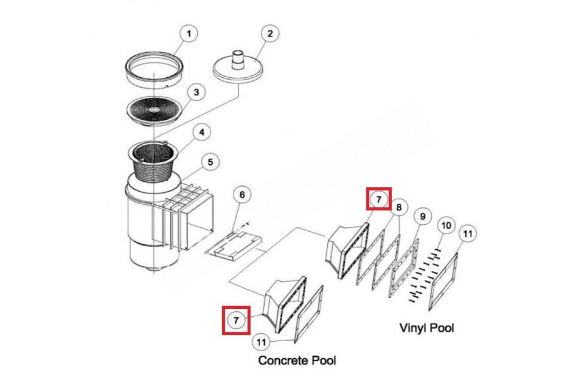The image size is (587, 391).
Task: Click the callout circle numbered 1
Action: point(190,34)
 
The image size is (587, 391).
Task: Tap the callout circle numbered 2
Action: point(270,34)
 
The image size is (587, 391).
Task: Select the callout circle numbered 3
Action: point(196,92)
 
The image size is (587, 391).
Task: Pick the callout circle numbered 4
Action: point(201,132)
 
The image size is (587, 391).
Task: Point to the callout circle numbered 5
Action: point(210,161)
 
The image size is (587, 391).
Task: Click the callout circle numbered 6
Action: point(242,195)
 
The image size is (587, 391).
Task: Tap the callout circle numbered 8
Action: point(399,207)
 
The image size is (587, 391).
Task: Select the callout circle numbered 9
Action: point(423,216)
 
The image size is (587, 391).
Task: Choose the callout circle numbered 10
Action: point(446,225)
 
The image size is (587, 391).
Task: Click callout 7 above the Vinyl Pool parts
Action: point(379,199)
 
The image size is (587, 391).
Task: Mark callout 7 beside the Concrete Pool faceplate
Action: point(236,320)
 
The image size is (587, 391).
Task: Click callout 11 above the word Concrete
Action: point(261,342)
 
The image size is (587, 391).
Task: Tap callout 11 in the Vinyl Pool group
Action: point(468,234)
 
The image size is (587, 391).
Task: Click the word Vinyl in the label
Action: point(412,327)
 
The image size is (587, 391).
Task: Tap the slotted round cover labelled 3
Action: point(154,110)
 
